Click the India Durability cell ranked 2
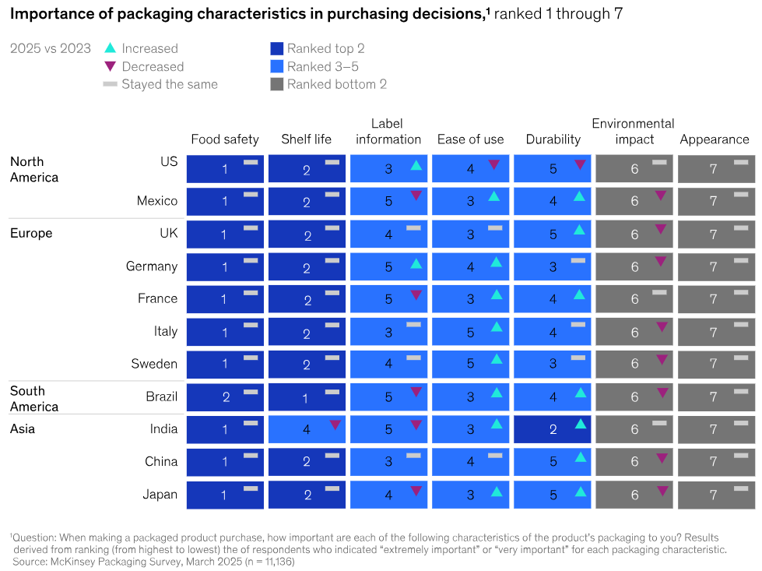click(552, 429)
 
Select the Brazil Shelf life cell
click(307, 397)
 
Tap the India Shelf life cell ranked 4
click(307, 429)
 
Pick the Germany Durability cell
click(552, 266)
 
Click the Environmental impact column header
click(633, 131)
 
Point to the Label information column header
click(388, 131)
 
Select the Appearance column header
click(715, 139)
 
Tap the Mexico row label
click(157, 201)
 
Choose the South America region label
click(34, 398)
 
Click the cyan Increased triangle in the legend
click(110, 48)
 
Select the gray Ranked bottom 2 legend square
click(276, 84)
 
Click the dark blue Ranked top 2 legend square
click(276, 48)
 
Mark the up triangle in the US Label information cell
click(416, 165)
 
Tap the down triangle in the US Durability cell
click(579, 165)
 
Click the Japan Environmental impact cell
click(634, 495)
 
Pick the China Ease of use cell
click(470, 462)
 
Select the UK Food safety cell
click(225, 234)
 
